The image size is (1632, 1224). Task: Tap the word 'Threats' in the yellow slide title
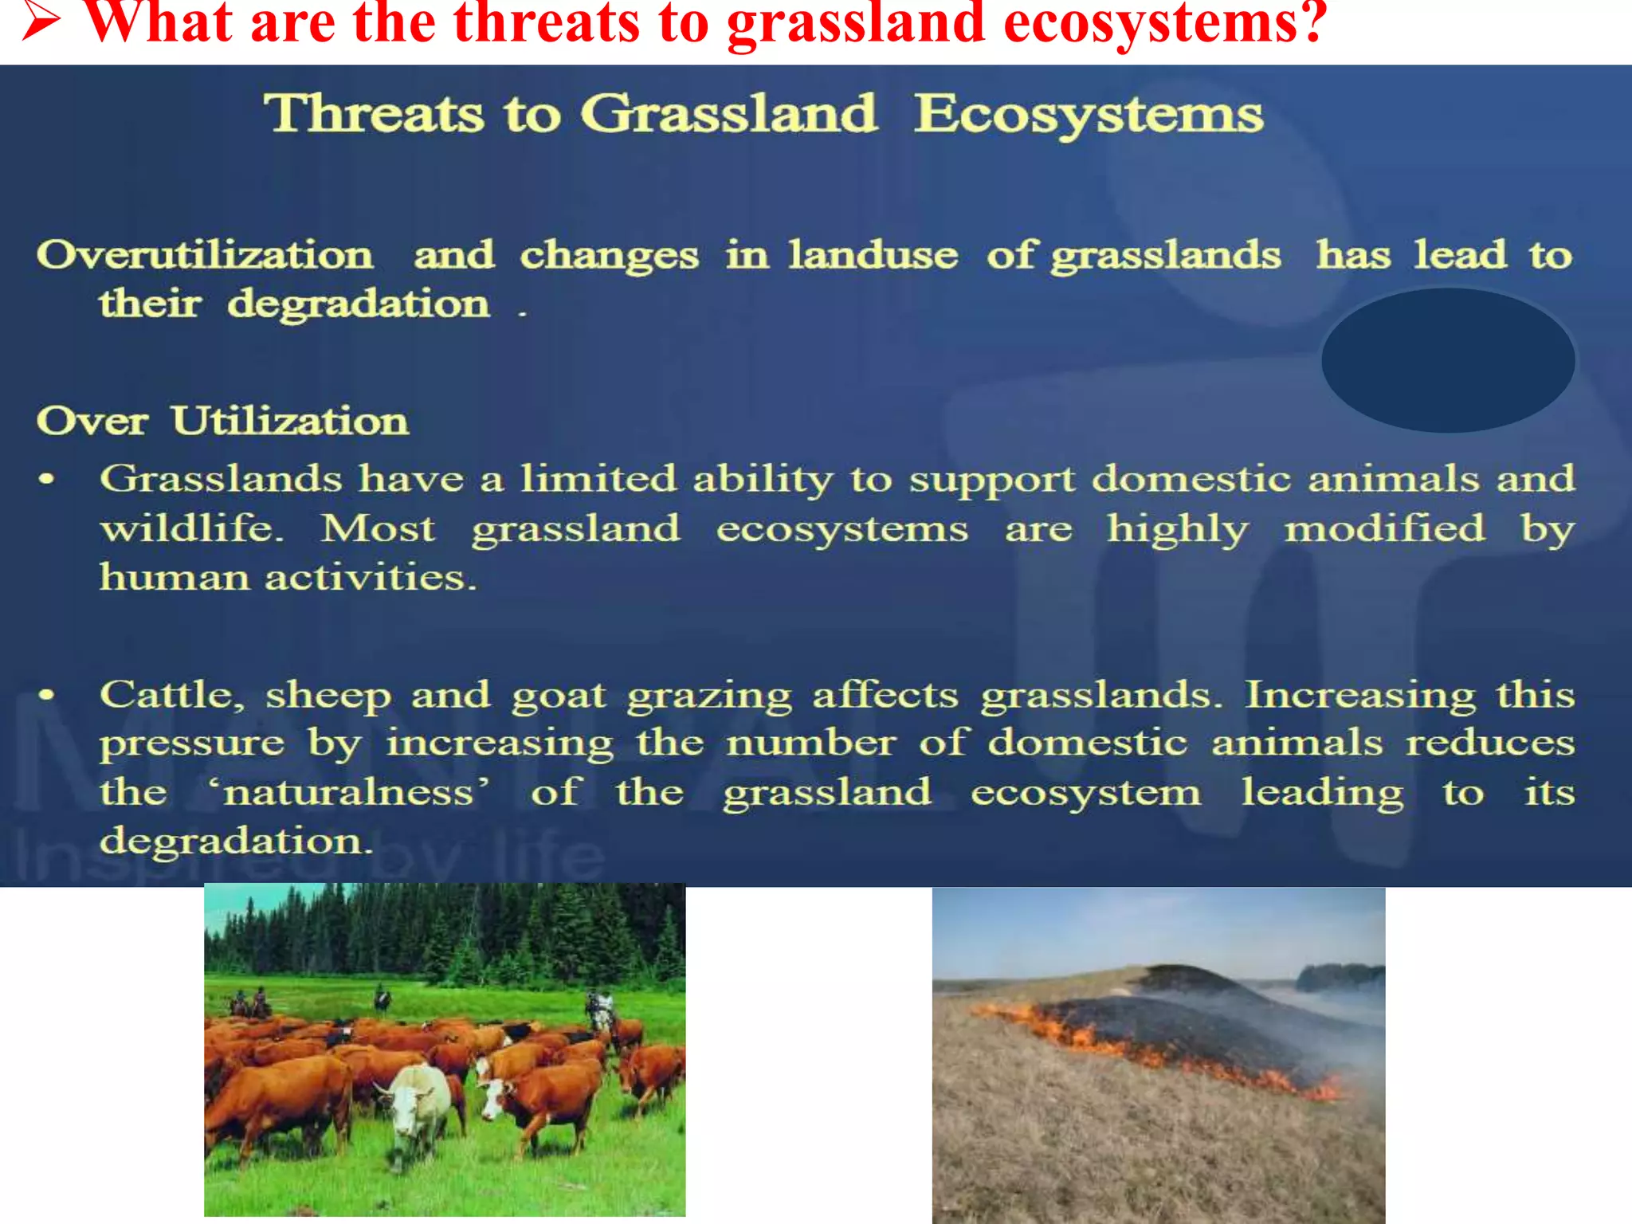click(x=374, y=113)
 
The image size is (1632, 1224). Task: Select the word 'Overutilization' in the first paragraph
click(x=205, y=256)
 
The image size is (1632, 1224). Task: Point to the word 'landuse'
click(x=873, y=256)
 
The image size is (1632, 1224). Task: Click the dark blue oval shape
click(x=1447, y=360)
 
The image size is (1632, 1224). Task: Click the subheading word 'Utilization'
click(x=290, y=421)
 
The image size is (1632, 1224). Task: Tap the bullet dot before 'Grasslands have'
click(x=47, y=479)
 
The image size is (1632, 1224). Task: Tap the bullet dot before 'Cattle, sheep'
click(x=47, y=695)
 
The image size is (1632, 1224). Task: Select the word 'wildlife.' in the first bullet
click(x=192, y=528)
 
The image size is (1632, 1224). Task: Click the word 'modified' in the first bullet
click(x=1384, y=528)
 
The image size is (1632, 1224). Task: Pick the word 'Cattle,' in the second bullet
click(x=171, y=695)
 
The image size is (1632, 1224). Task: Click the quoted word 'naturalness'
click(x=348, y=793)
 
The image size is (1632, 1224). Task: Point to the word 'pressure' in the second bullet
click(x=192, y=743)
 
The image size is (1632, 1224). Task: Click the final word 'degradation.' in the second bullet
click(x=236, y=841)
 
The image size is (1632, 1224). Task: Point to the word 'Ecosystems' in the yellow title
click(x=1089, y=115)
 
